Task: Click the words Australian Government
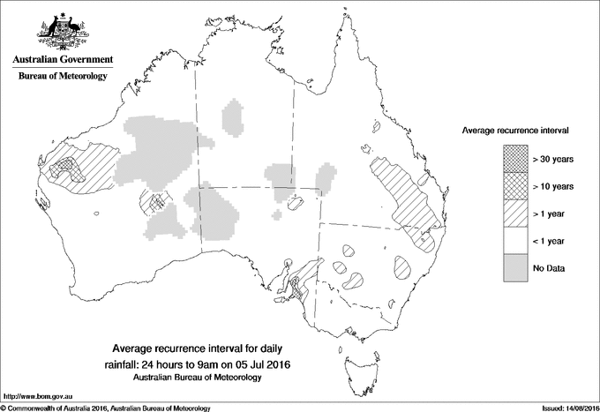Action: point(63,60)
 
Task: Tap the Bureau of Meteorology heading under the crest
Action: point(63,77)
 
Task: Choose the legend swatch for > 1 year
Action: point(515,213)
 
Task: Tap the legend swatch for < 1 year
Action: point(515,240)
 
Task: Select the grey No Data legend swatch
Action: point(515,267)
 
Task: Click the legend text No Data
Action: point(549,267)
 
